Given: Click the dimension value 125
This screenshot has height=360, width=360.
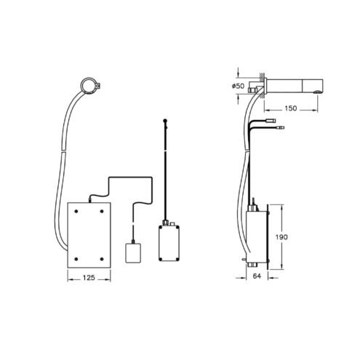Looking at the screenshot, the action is [x=89, y=278].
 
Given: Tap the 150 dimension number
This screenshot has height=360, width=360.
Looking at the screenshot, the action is [x=290, y=108].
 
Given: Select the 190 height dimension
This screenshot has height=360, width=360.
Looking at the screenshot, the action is [x=281, y=236].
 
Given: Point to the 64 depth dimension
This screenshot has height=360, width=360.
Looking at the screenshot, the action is [x=257, y=276].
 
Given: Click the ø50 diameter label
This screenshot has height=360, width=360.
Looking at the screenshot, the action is [x=238, y=86].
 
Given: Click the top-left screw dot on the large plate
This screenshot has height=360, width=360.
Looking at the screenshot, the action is [x=76, y=211].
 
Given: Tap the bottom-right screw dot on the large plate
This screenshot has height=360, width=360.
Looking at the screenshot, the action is [x=102, y=259].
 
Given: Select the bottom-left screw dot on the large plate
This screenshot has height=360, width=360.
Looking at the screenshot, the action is [x=76, y=259].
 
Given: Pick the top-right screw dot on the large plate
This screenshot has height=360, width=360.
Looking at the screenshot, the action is [x=102, y=211].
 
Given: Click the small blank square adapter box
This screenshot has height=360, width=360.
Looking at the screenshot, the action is [x=133, y=252].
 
